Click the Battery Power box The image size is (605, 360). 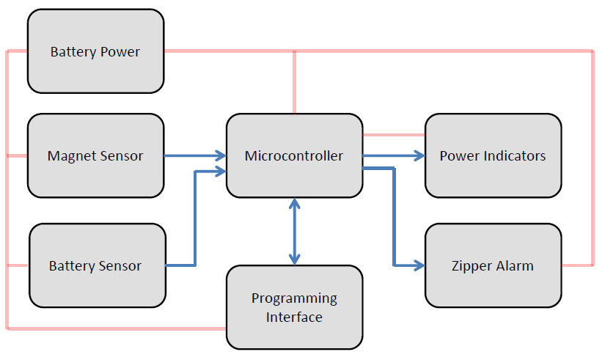pos(95,51)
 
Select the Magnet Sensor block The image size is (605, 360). pos(95,155)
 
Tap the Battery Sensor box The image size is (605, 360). pos(95,265)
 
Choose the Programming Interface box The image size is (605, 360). pos(294,307)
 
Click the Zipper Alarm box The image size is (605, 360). pos(493,265)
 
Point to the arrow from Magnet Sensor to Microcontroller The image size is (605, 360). pos(194,155)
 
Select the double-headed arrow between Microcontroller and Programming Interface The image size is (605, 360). pos(294,231)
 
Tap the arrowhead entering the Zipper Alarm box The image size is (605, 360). pos(419,265)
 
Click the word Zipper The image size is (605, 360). pos(473,265)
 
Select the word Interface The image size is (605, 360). pos(294,317)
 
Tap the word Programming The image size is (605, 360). pos(294,298)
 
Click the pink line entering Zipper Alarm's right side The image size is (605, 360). pos(578,265)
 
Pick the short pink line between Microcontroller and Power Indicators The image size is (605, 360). pos(394,135)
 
